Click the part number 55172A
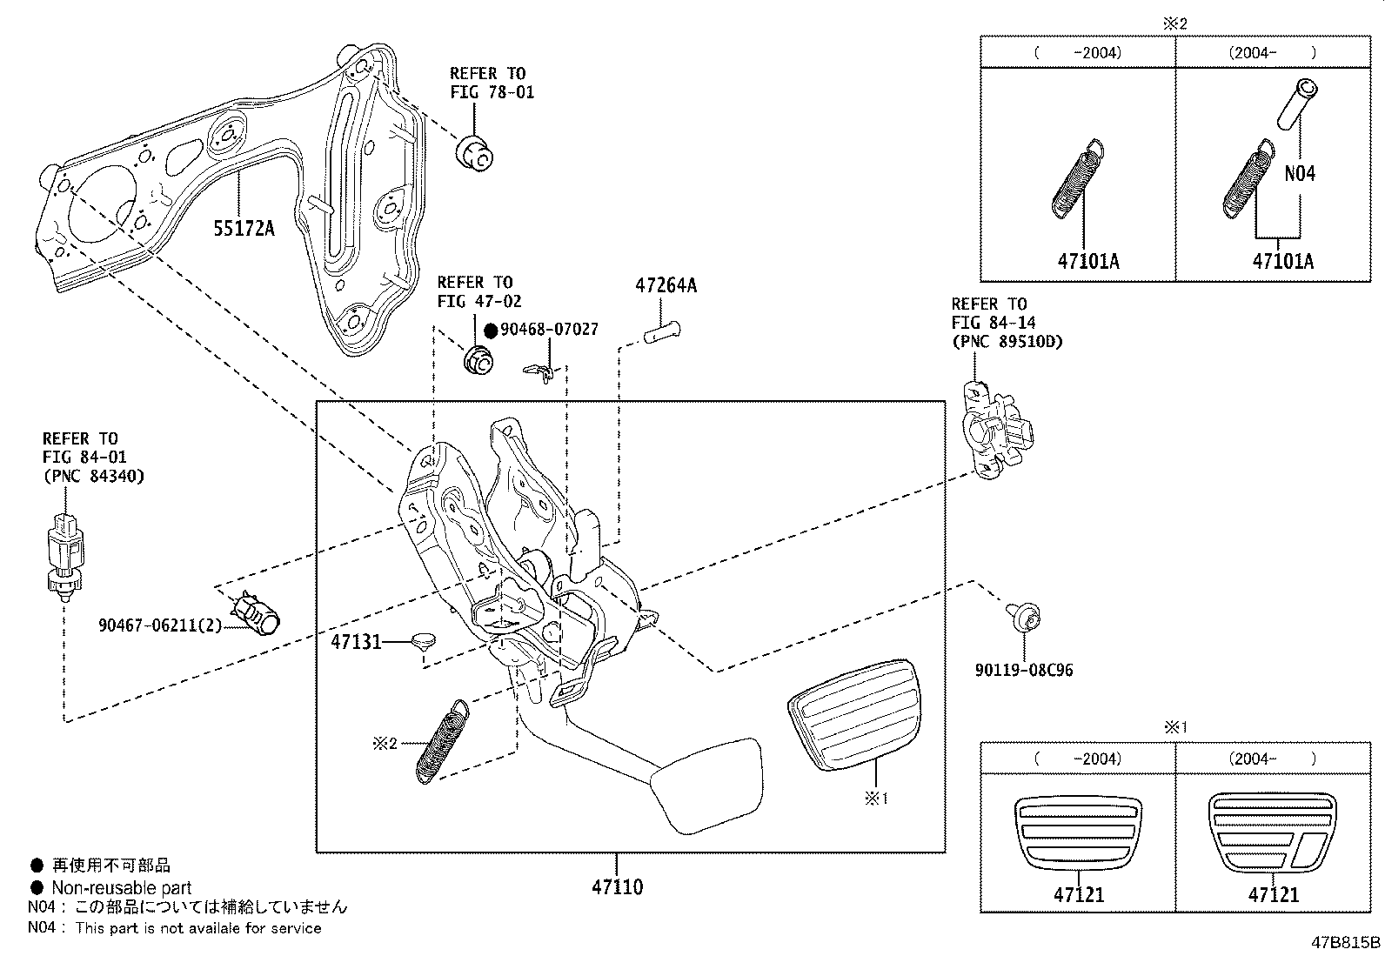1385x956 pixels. click(244, 229)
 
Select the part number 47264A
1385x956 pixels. click(666, 285)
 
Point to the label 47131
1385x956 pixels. click(356, 643)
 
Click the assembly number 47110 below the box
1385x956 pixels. click(617, 887)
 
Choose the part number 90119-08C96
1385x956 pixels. click(1024, 670)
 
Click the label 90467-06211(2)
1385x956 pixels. click(159, 625)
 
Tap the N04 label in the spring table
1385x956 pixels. click(1300, 174)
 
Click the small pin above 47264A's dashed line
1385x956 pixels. click(663, 331)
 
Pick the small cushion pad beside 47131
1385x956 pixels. click(425, 640)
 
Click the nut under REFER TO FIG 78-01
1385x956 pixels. click(475, 155)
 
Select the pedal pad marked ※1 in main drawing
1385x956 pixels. click(853, 713)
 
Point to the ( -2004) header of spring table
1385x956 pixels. click(1078, 52)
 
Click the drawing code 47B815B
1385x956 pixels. click(1346, 943)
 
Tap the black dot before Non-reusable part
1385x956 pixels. click(37, 888)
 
